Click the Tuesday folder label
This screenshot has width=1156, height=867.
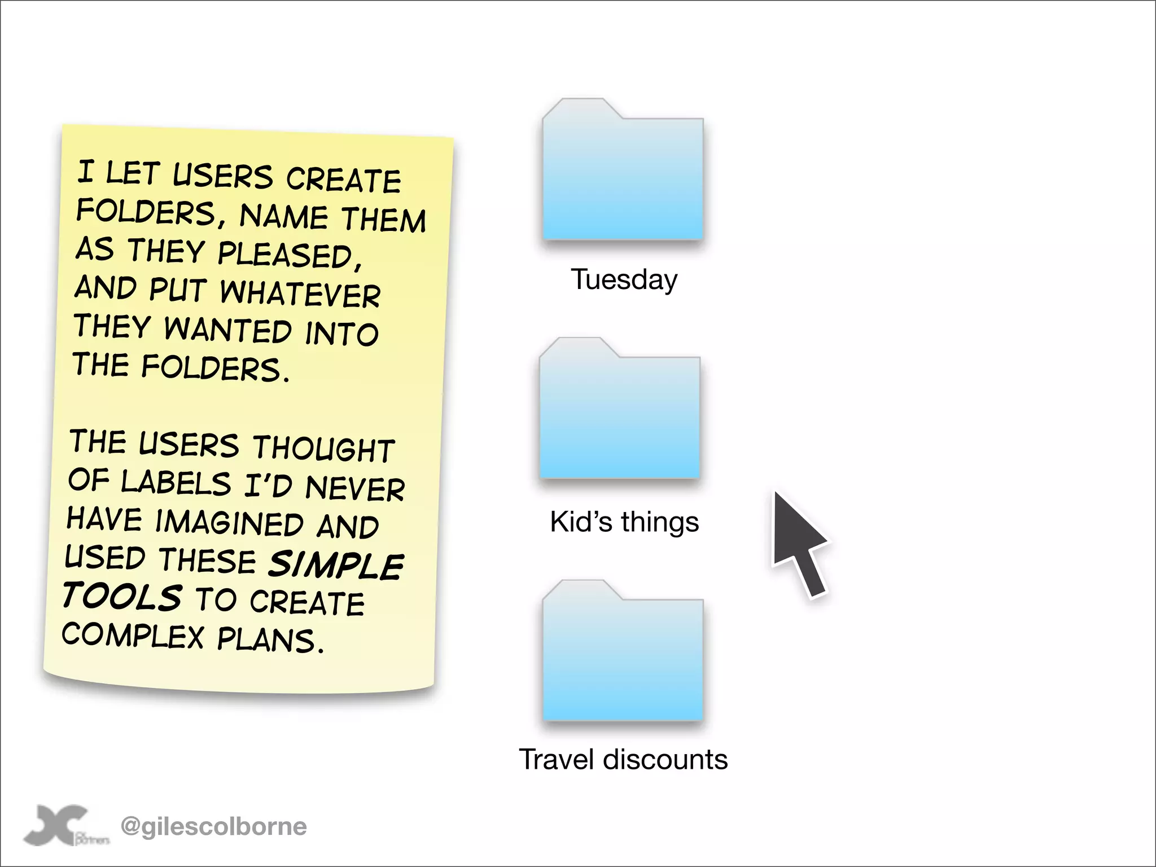[x=624, y=279]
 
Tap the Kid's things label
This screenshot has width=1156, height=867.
[x=624, y=522]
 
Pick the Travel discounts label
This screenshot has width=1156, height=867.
[x=623, y=759]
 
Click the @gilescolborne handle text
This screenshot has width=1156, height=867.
[x=213, y=826]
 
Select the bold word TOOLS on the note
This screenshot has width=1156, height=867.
[x=122, y=596]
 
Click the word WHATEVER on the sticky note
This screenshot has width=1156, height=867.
[x=300, y=293]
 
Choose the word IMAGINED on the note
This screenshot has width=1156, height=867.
[x=229, y=522]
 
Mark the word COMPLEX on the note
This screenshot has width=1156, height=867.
[x=133, y=636]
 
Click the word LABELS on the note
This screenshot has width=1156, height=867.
[x=176, y=483]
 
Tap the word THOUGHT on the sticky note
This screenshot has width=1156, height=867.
[x=323, y=449]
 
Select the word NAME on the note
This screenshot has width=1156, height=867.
[x=283, y=216]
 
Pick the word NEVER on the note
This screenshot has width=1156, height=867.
[x=355, y=487]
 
